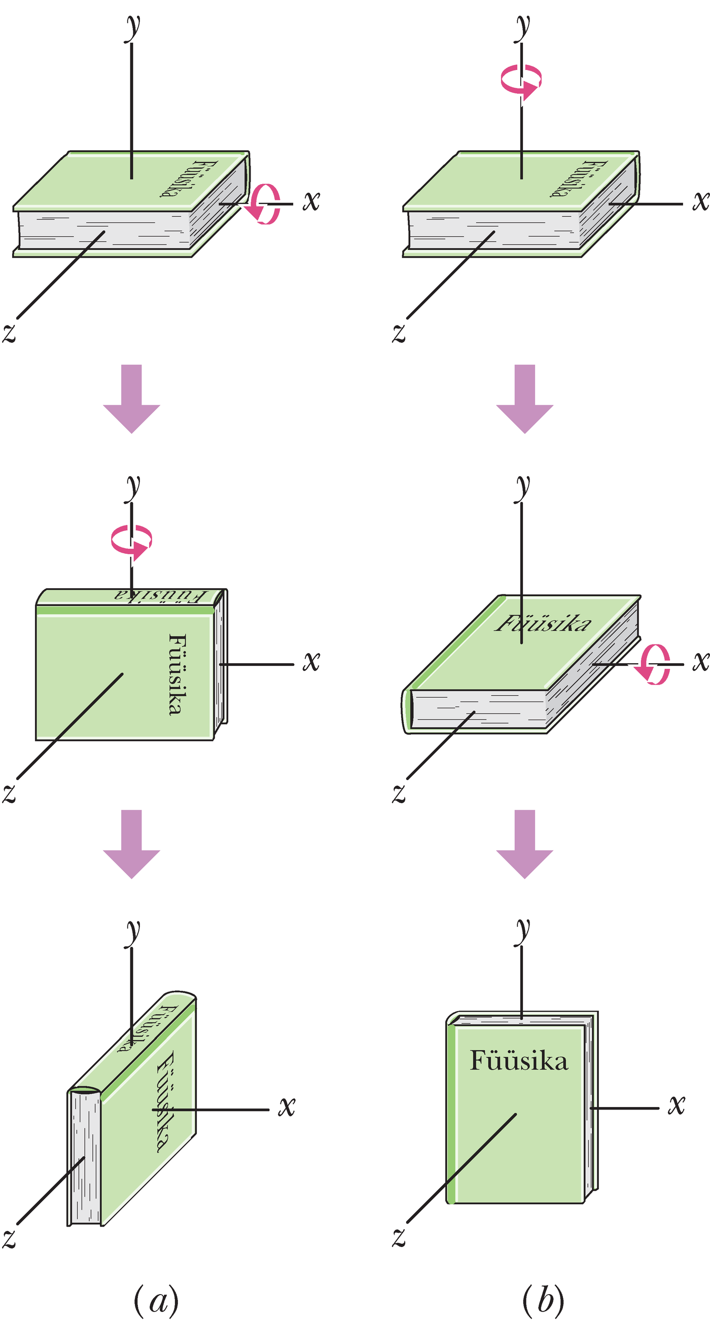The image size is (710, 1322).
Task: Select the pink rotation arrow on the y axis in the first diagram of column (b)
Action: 521,81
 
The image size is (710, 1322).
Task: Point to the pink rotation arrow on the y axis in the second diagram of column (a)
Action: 132,541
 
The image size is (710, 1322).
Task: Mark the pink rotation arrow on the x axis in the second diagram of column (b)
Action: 653,665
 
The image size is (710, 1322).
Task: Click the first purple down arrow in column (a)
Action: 131,398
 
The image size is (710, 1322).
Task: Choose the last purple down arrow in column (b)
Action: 524,843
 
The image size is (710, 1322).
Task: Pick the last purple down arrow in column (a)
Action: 131,843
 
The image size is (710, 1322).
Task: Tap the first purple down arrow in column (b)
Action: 524,398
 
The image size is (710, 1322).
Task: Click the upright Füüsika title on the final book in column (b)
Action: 519,1061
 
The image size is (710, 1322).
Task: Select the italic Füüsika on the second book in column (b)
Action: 543,624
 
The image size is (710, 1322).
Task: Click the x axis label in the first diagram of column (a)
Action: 311,201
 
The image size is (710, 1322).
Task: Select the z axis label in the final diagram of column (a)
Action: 9,1237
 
